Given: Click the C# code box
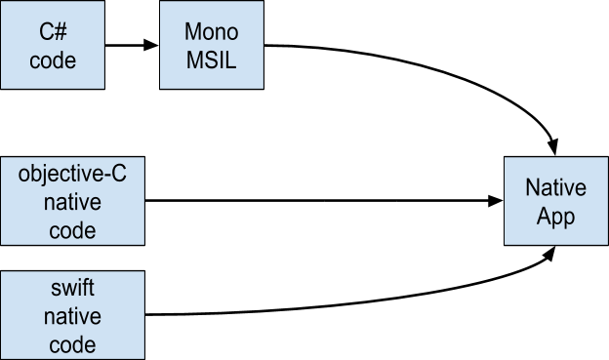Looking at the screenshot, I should click(x=52, y=45).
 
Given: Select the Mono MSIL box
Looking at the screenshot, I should click(x=211, y=45).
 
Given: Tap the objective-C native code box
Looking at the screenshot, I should click(x=72, y=202).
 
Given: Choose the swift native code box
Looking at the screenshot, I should click(x=72, y=315).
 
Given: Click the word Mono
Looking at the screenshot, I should click(x=211, y=32).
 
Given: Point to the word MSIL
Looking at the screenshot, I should click(x=211, y=60).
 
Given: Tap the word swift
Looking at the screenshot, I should click(x=72, y=290).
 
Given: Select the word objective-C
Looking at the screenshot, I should click(x=72, y=176).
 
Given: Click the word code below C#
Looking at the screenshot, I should click(x=53, y=60).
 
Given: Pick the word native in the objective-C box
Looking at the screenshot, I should click(x=72, y=203).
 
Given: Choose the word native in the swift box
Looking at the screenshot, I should click(x=72, y=317).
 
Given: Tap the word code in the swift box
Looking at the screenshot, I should click(x=72, y=343).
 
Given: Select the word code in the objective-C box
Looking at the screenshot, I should click(x=72, y=230).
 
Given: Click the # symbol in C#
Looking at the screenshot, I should click(x=61, y=32).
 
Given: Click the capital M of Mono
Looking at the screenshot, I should click(x=192, y=32).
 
